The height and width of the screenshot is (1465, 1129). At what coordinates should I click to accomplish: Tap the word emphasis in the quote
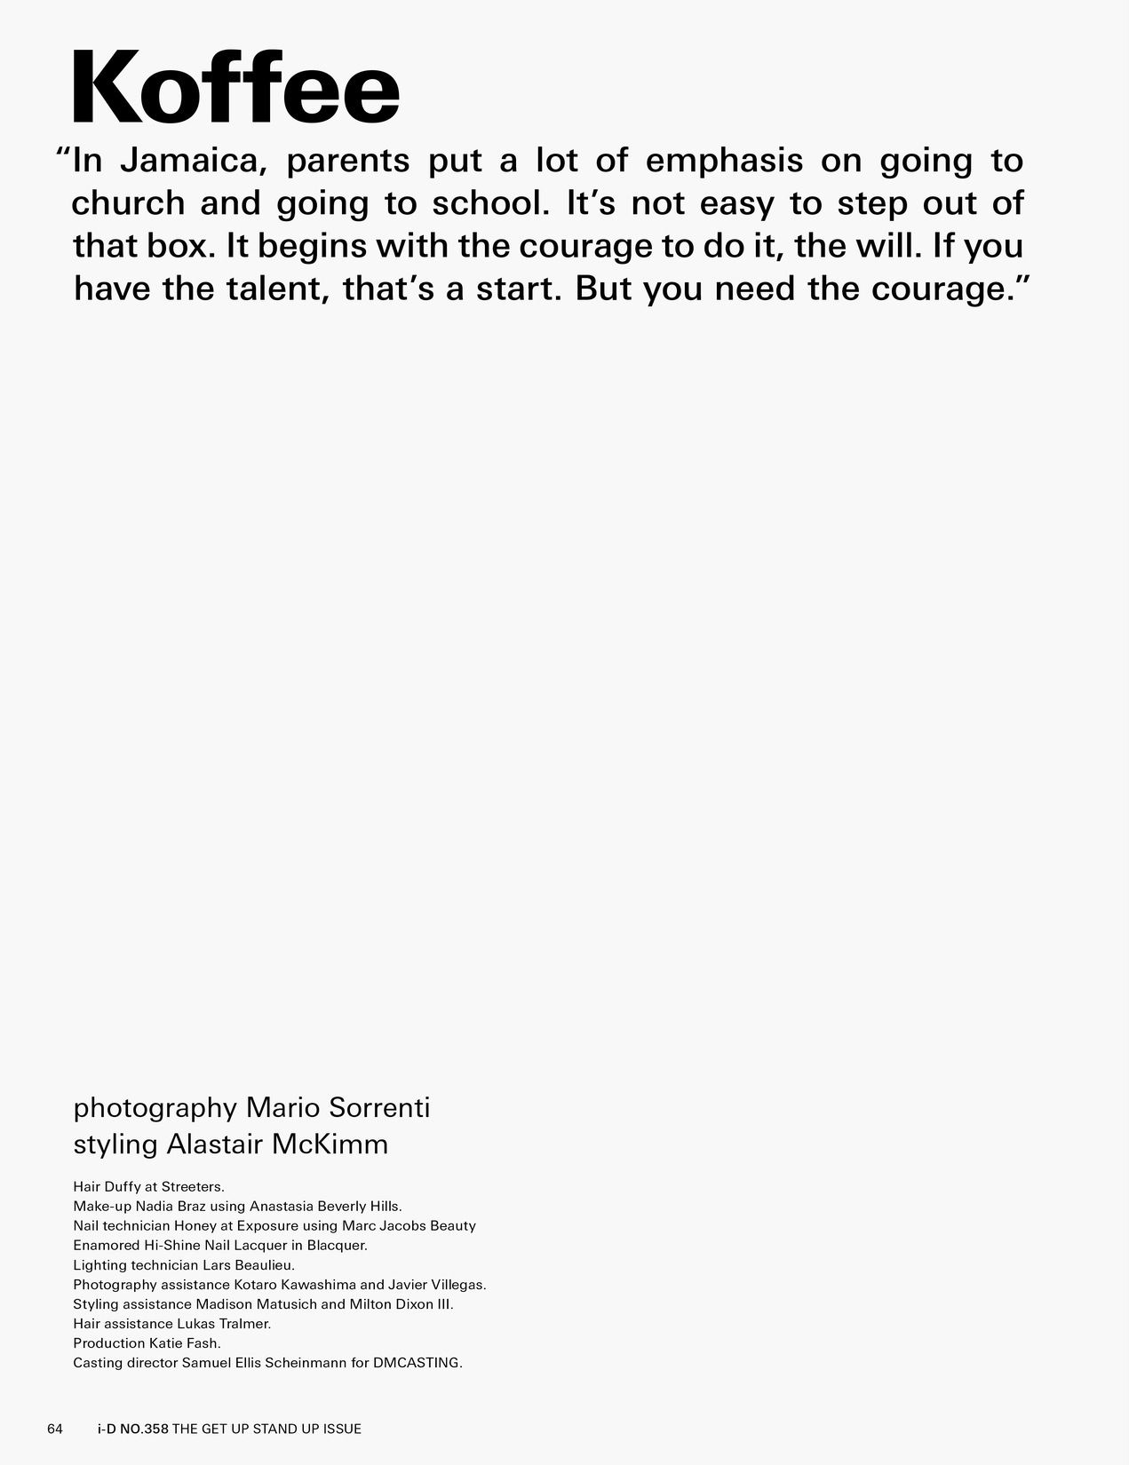724,161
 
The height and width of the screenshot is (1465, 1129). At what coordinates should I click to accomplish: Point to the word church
128,203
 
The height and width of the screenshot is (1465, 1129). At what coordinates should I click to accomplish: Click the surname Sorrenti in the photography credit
379,1107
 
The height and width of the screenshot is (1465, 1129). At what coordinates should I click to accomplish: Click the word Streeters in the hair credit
193,1186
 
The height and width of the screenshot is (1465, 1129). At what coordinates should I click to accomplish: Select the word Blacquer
337,1245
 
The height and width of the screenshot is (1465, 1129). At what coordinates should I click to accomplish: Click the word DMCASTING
417,1362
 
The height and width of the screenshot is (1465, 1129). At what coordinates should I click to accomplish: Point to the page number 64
55,1429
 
